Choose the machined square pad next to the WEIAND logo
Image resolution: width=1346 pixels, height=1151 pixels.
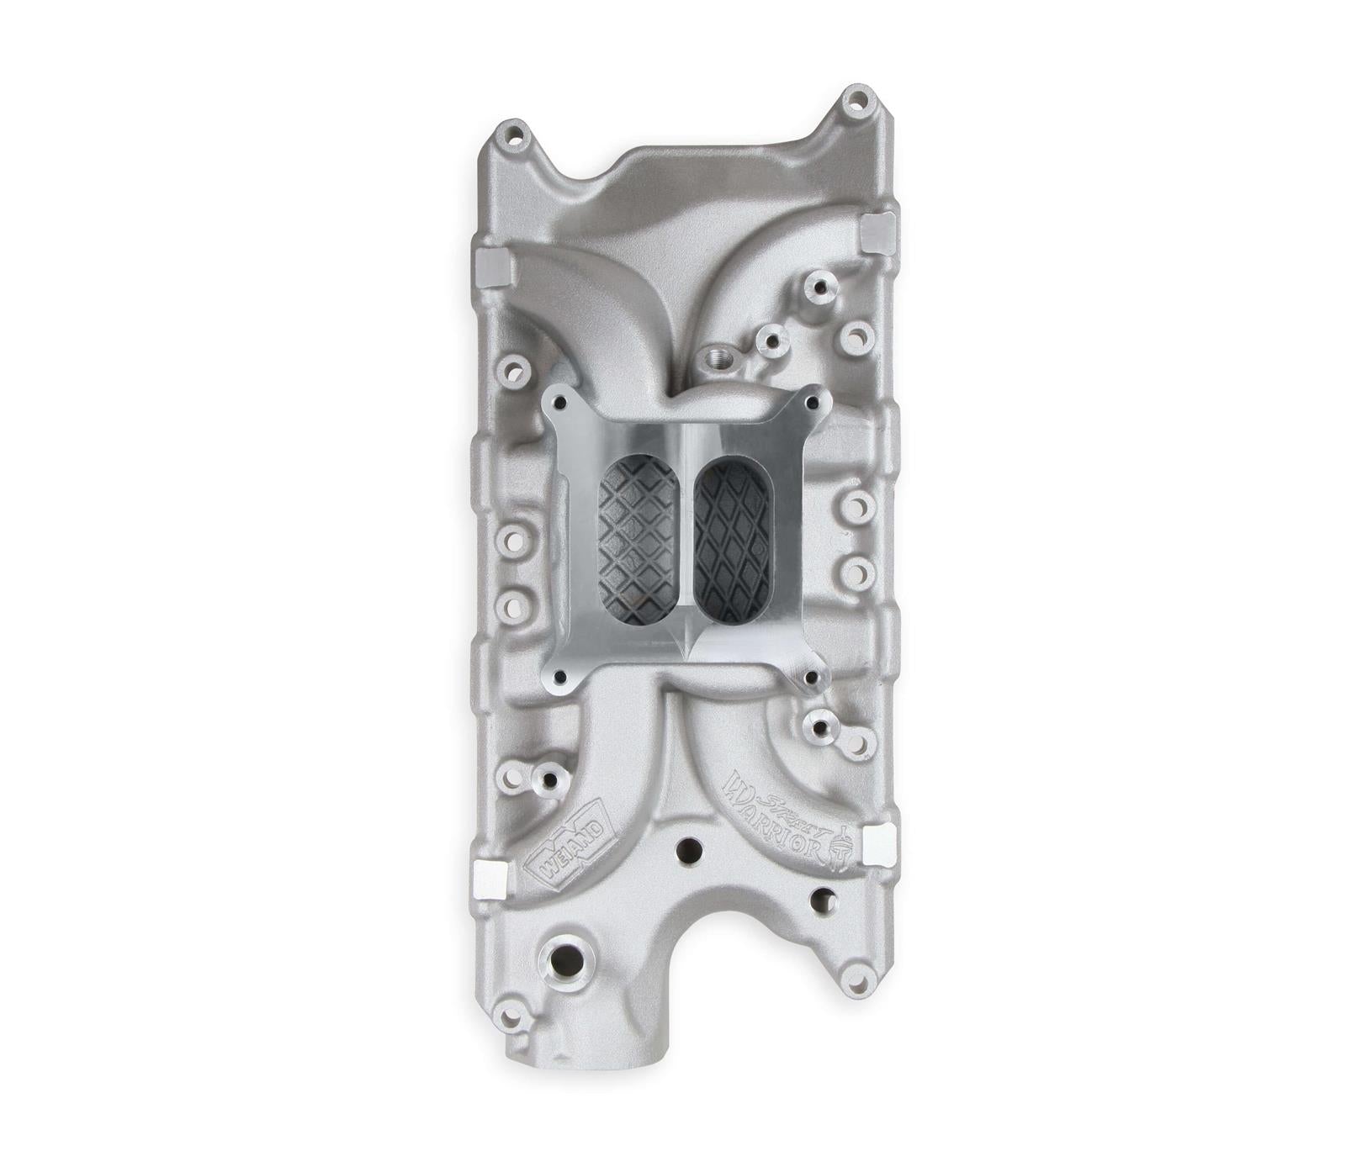(x=489, y=881)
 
